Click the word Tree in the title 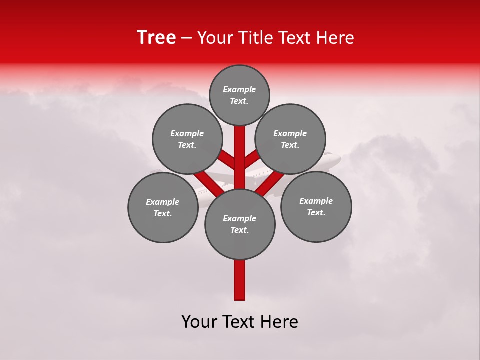coord(156,38)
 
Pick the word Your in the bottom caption coord(200,322)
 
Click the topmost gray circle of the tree coord(239,95)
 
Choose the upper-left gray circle coord(187,139)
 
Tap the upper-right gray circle coord(290,139)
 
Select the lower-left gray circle coord(163,207)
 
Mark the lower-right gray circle coord(316,206)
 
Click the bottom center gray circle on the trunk coord(240,224)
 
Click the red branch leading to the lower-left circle coord(208,184)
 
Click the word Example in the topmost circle coord(239,90)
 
